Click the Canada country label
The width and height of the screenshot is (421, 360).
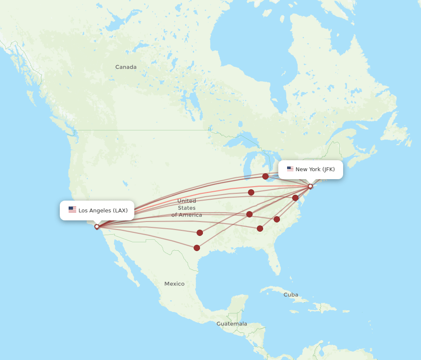click(x=126, y=67)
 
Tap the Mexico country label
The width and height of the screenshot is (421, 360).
click(x=174, y=284)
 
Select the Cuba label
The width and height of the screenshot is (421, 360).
click(x=290, y=295)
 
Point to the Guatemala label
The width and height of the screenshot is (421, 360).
click(x=232, y=324)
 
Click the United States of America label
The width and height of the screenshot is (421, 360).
click(x=187, y=208)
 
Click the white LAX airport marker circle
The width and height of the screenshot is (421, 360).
click(x=97, y=227)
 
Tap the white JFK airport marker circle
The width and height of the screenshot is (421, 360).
click(x=310, y=186)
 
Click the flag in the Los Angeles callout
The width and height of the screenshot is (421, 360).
click(x=72, y=210)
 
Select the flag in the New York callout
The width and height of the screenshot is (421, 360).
click(x=290, y=169)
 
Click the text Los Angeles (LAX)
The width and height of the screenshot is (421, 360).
click(x=103, y=210)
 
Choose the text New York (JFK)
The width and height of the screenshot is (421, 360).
click(x=315, y=169)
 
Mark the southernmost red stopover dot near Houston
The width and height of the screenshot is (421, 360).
click(x=197, y=248)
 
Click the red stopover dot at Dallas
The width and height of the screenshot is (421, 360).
click(x=200, y=233)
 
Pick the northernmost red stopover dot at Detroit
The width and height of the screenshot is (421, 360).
click(x=265, y=176)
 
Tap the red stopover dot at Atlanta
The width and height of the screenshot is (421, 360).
click(x=260, y=228)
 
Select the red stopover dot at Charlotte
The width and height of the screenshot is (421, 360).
click(x=277, y=219)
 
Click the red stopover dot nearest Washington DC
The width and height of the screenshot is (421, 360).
click(x=295, y=198)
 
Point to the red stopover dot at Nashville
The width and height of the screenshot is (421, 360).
click(x=249, y=214)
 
